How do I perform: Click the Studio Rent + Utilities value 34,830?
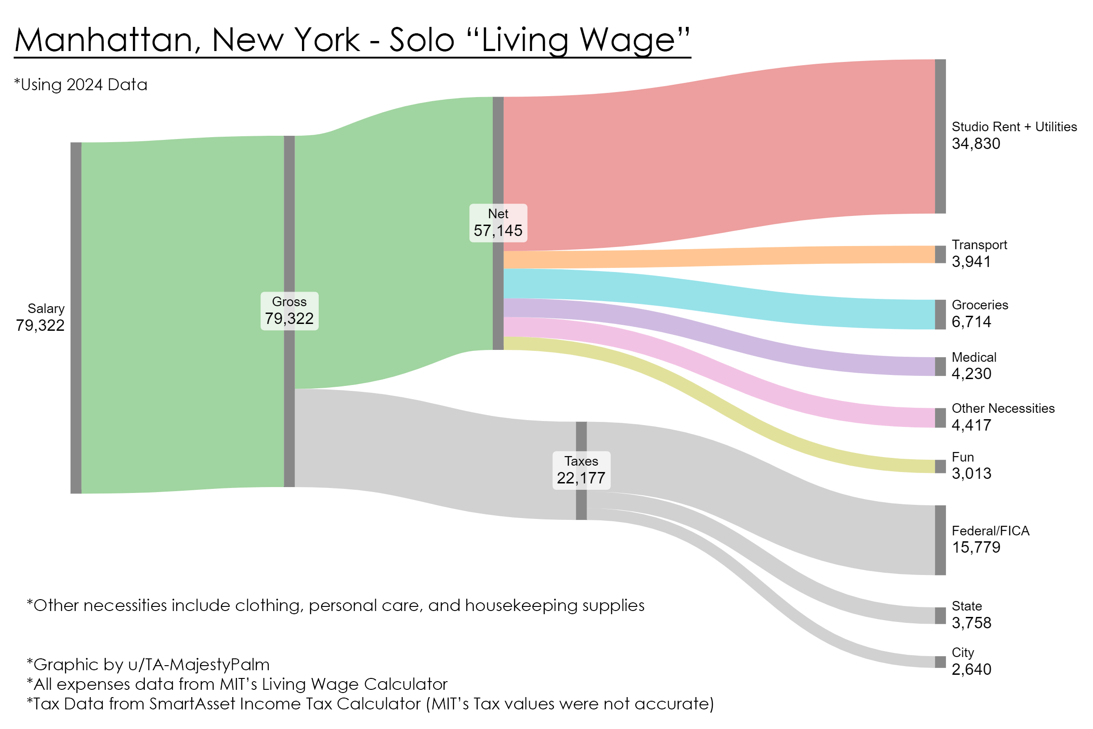976,144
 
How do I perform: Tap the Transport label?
979,245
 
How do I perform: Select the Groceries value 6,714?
971,322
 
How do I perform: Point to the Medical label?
974,357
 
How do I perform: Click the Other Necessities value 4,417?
971,425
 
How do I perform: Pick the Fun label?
962,457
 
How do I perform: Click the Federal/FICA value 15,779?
976,547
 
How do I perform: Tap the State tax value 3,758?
971,622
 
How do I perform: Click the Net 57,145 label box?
498,223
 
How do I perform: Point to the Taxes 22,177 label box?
581,470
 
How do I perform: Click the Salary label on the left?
46,308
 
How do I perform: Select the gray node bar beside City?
940,662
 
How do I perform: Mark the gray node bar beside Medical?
940,366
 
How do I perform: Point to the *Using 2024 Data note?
81,85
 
